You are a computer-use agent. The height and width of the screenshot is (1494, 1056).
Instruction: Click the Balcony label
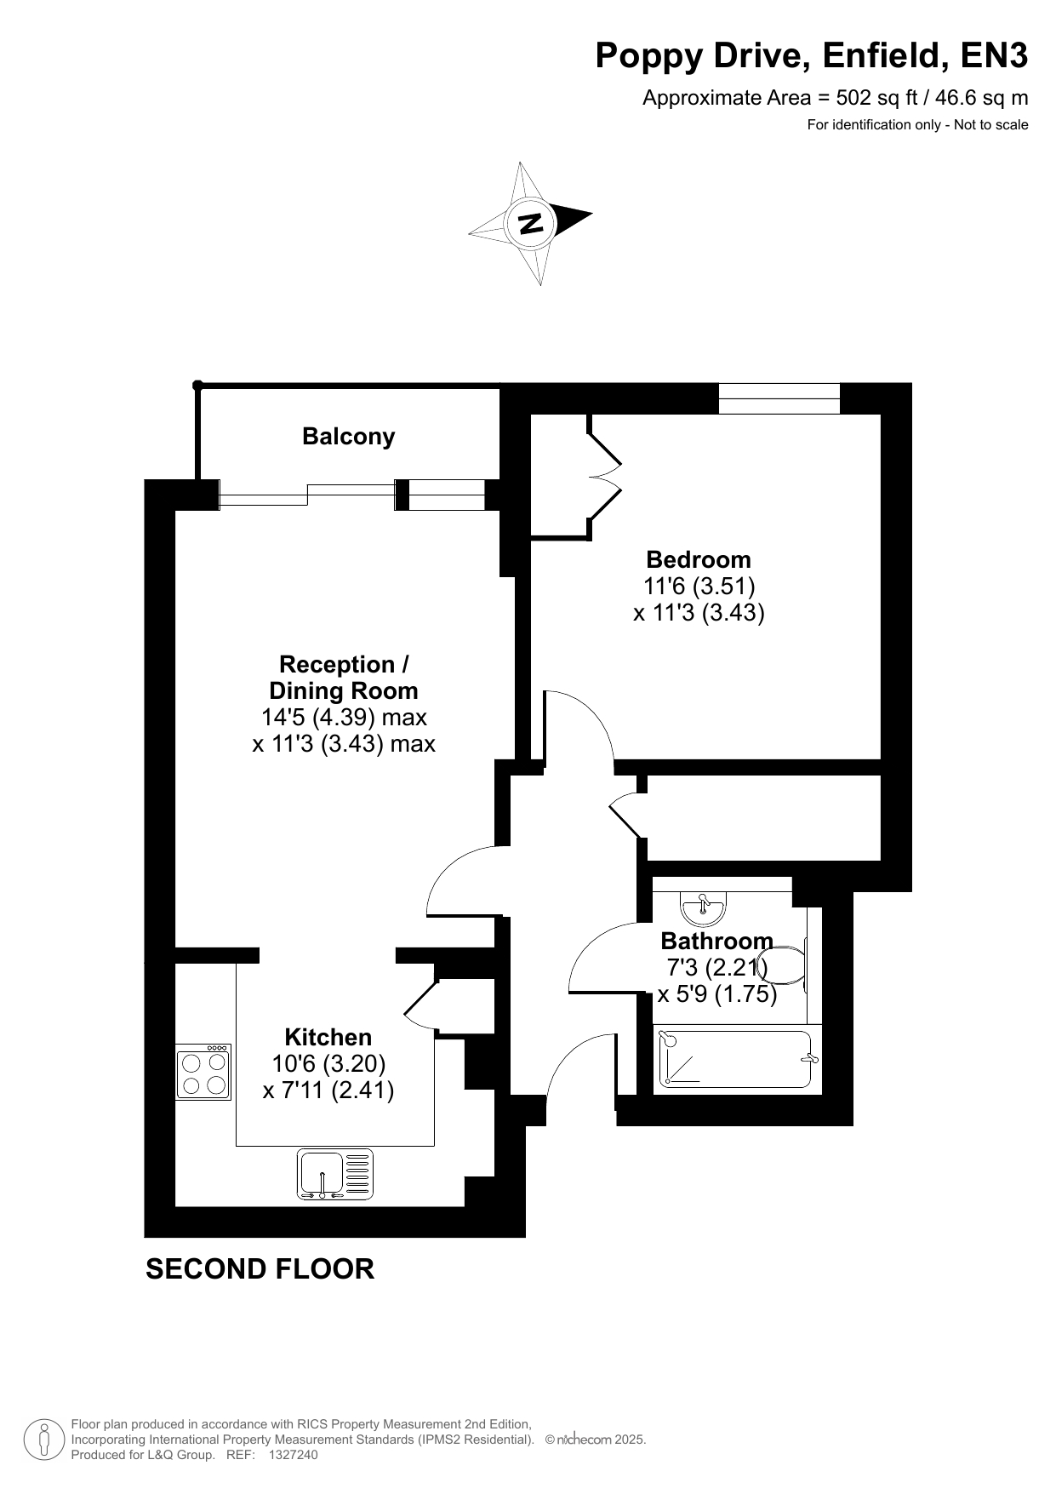[x=349, y=437]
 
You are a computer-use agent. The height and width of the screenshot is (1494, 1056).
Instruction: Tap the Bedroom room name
[x=699, y=559]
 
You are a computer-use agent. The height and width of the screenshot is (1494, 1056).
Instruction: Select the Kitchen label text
[x=328, y=1037]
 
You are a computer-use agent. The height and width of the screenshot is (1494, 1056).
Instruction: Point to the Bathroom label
[x=716, y=941]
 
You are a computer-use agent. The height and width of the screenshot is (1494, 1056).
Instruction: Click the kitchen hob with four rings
[x=203, y=1072]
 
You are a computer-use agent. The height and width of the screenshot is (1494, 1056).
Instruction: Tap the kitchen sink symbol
[x=335, y=1175]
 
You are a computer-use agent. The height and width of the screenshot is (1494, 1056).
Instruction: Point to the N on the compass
[x=531, y=223]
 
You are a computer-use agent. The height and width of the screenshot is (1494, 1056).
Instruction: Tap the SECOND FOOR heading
[x=260, y=1269]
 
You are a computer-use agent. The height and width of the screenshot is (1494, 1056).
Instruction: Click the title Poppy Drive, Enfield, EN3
[x=812, y=56]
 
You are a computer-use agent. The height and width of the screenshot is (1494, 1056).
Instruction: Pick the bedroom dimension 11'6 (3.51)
[x=699, y=586]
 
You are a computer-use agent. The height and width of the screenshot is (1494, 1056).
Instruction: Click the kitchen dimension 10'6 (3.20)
[x=328, y=1063]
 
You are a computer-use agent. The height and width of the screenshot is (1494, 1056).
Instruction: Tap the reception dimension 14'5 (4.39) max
[x=344, y=717]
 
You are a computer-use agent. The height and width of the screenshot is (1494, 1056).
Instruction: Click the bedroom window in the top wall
[x=779, y=398]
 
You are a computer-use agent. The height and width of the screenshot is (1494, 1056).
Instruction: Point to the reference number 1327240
[x=293, y=1455]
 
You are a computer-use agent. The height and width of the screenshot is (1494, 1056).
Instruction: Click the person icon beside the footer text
[x=44, y=1440]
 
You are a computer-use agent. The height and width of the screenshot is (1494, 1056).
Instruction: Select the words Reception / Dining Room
[x=344, y=678]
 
